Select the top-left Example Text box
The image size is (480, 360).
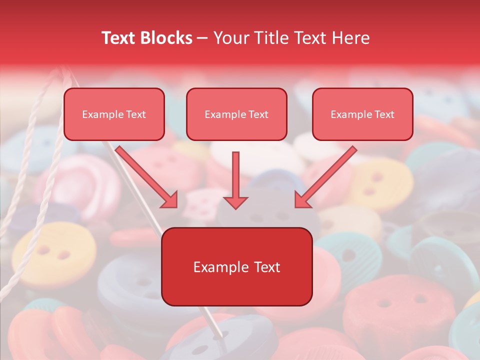coord(114,114)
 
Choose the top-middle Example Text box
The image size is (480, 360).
coord(236,114)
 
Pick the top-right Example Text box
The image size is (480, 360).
coord(362,114)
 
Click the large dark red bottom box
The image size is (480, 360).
coord(237,267)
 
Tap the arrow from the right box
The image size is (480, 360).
coord(325,177)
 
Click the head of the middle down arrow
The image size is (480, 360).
coord(235,202)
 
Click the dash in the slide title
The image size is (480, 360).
coord(203,38)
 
